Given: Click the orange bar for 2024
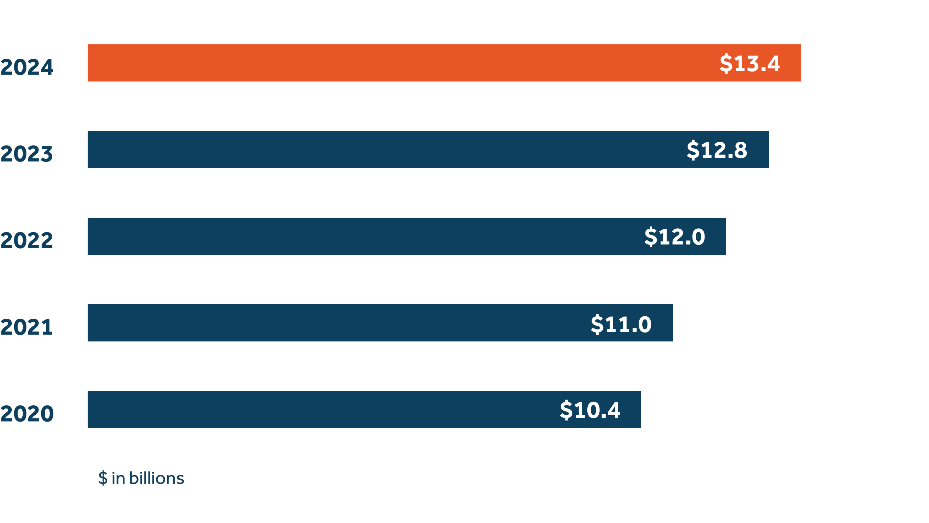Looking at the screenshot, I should tap(397, 63).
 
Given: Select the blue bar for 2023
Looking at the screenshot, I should tap(379, 150).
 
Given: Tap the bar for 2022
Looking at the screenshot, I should tap(361, 236).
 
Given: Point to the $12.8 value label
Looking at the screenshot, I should tap(717, 150).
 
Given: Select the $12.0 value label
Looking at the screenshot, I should tap(674, 237).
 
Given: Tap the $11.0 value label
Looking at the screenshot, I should tap(621, 324).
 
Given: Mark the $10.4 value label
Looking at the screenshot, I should tap(590, 410).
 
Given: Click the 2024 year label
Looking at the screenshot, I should tap(27, 67).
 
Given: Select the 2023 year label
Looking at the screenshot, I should tap(27, 154).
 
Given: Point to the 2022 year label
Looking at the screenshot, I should tap(27, 241).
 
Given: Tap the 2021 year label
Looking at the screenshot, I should tap(27, 327).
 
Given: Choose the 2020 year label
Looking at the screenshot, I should tap(27, 414).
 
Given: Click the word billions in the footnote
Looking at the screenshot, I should tap(156, 478).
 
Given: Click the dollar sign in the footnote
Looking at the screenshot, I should tap(103, 478).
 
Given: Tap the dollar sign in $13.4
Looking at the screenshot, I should tap(726, 64).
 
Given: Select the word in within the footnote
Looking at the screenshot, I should tap(118, 478).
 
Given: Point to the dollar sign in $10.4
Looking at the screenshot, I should tap(566, 410).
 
